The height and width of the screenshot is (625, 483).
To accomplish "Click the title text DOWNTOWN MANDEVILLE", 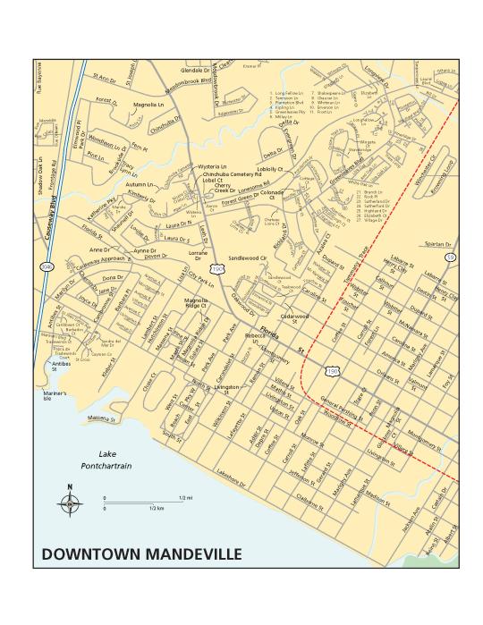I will coord(141,553).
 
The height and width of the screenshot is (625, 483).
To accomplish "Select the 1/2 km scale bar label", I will coord(156,507).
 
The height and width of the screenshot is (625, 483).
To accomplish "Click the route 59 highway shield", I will coord(451,257).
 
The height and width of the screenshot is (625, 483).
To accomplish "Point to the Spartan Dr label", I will coord(436,243).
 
